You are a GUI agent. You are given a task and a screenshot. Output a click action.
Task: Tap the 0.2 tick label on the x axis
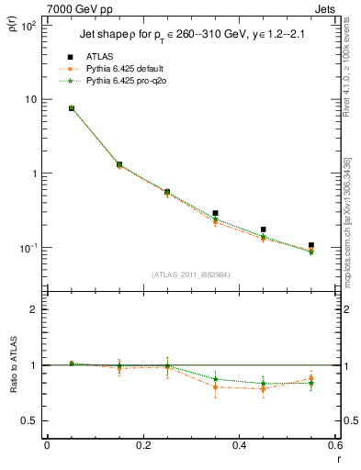point(142,445)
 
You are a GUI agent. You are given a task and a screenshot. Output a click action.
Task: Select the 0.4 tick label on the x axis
point(239,445)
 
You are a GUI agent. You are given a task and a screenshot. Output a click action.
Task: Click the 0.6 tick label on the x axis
point(334,445)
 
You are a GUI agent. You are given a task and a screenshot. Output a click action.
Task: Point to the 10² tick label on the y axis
point(27,26)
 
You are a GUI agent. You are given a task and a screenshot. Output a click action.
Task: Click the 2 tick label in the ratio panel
point(32,309)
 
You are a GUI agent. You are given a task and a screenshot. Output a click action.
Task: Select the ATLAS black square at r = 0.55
point(311,245)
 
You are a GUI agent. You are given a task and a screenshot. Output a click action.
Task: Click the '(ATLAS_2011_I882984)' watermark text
point(190,274)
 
